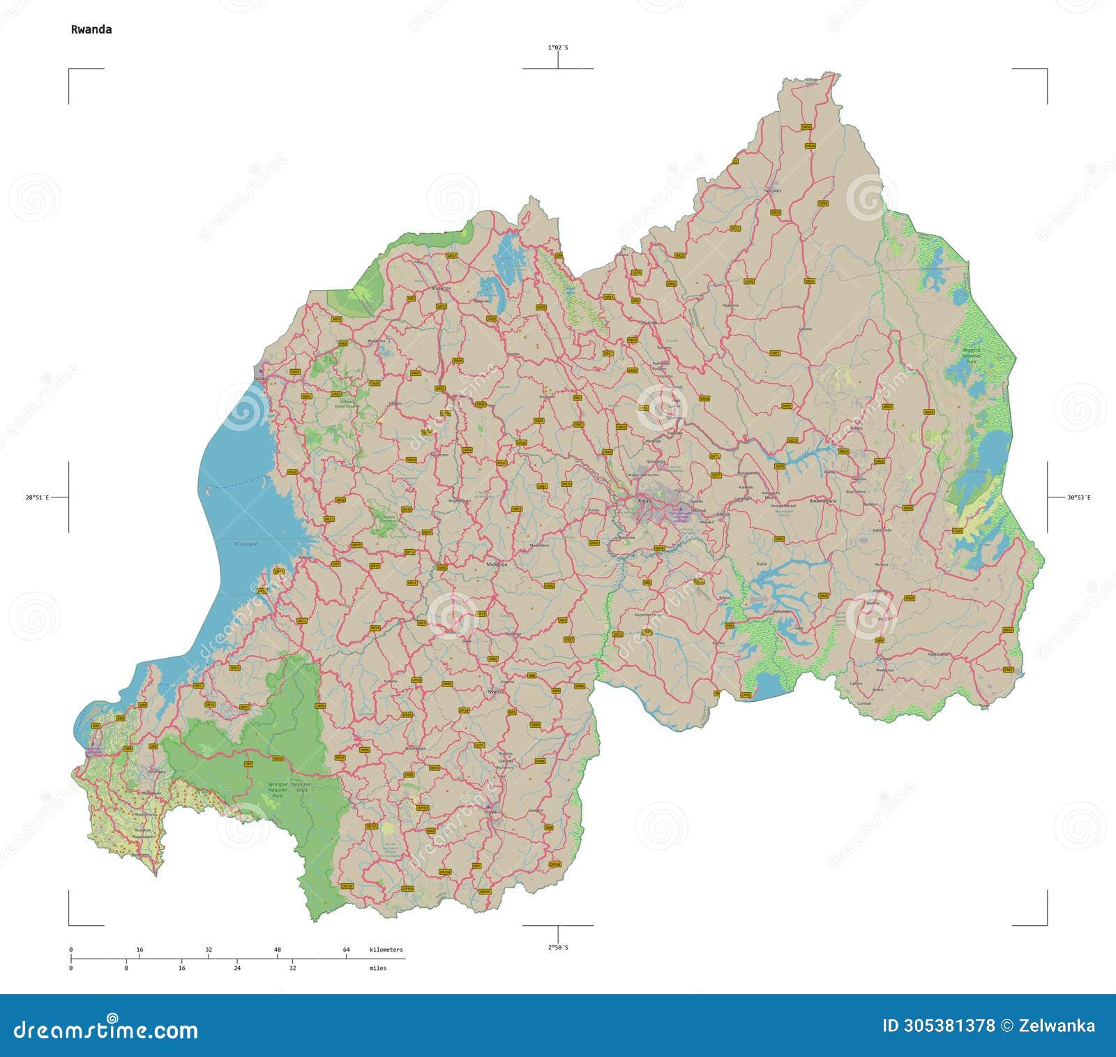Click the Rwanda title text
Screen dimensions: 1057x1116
[91, 29]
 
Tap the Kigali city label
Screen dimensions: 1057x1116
[643, 500]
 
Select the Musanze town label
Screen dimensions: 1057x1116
[441, 287]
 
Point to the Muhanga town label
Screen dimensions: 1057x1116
[497, 563]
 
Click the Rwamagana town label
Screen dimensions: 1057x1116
[822, 501]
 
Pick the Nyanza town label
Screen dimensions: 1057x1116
[495, 691]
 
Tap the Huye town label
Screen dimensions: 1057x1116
[491, 812]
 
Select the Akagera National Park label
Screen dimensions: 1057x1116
[971, 352]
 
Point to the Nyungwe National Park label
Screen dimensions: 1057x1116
[278, 790]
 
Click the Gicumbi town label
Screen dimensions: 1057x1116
[649, 322]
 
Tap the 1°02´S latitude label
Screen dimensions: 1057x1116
[557, 47]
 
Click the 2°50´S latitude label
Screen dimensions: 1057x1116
[557, 947]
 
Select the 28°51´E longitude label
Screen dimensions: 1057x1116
[37, 497]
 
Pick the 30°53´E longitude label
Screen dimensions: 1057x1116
[1078, 497]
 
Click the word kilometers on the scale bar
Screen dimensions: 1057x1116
[386, 950]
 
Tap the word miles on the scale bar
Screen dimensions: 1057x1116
[377, 968]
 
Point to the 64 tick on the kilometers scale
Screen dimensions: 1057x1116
[346, 950]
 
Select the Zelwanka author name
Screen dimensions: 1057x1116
[1057, 1026]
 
